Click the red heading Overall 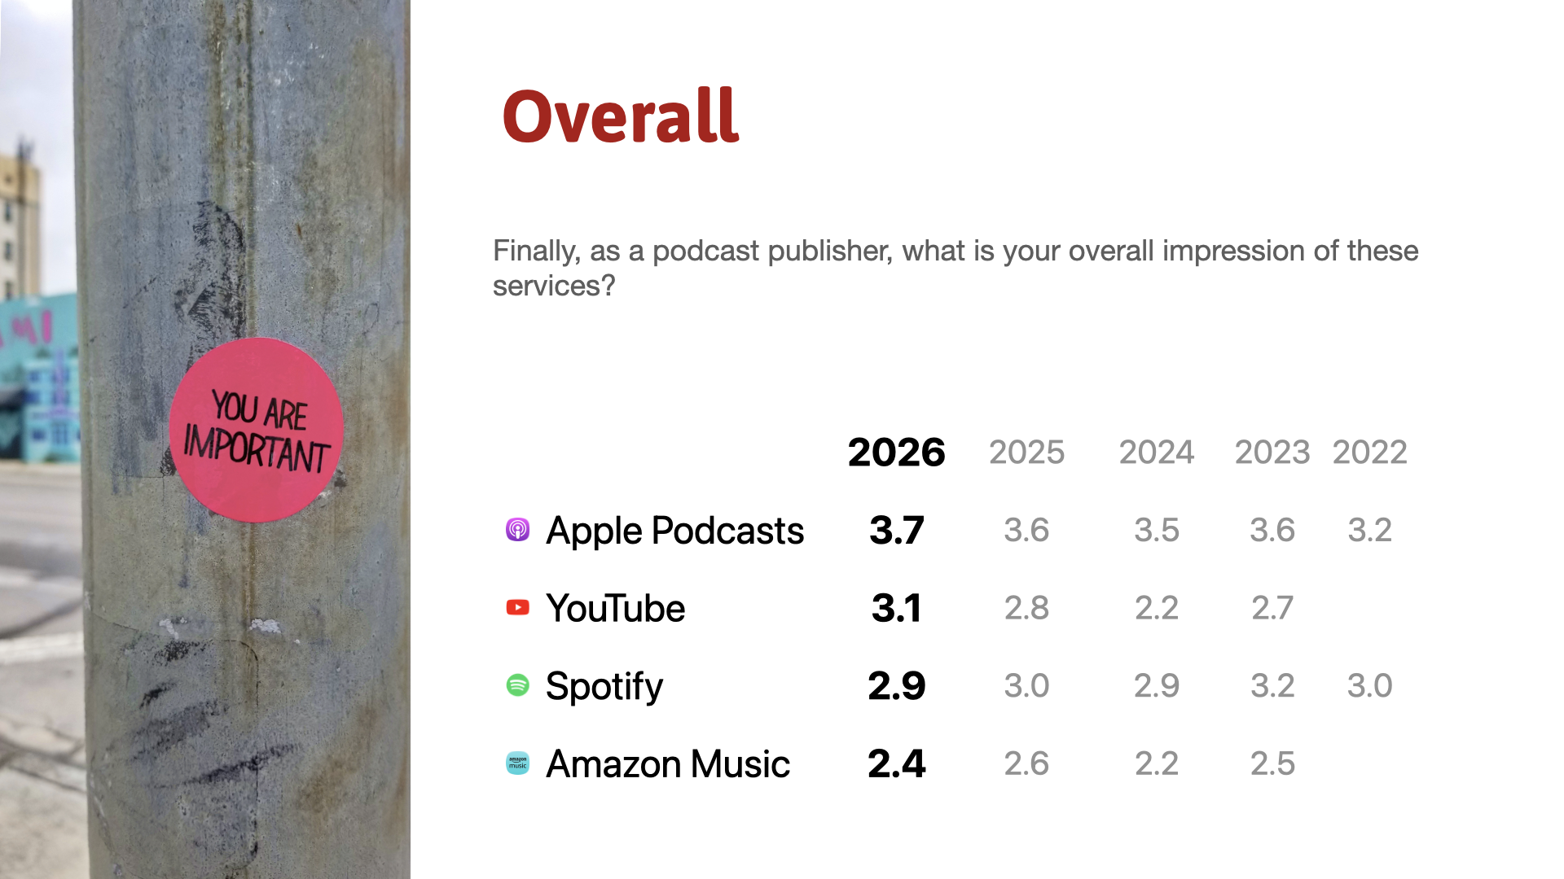[621, 116]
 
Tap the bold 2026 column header [896, 452]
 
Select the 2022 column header [1369, 452]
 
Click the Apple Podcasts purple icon [518, 530]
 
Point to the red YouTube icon [518, 607]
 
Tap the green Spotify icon [518, 685]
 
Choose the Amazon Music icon [518, 763]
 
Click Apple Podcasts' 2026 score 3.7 [896, 530]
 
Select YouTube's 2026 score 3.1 [896, 608]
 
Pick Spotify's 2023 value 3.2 [1272, 685]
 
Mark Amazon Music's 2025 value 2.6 [1026, 763]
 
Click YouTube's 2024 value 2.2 [1157, 608]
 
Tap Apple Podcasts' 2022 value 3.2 [1369, 530]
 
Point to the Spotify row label [604, 687]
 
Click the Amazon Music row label [668, 764]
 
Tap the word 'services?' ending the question [554, 286]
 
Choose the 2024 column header [1157, 452]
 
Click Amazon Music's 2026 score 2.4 [896, 763]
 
